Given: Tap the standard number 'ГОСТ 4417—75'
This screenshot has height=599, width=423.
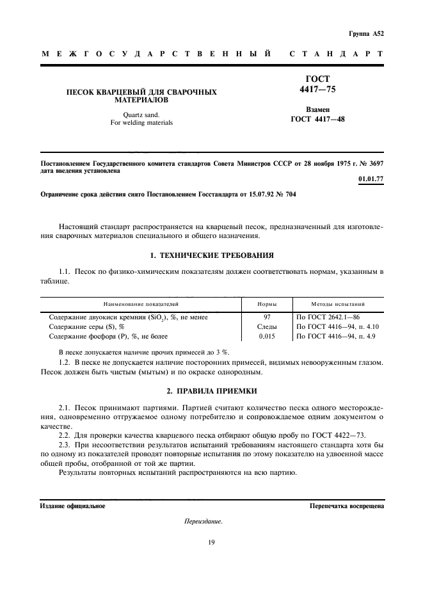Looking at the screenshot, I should pyautogui.click(x=317, y=84).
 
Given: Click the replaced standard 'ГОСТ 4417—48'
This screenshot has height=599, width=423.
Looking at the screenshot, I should pyautogui.click(x=317, y=118).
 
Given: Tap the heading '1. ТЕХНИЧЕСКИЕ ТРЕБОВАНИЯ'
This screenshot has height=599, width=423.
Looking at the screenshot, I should pyautogui.click(x=211, y=255).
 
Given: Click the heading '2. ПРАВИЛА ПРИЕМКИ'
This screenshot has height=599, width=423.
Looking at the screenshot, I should pyautogui.click(x=211, y=390).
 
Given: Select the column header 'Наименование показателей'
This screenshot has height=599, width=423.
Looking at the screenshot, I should pyautogui.click(x=141, y=305).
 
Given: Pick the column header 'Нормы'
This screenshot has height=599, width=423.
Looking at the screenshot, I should pyautogui.click(x=267, y=305).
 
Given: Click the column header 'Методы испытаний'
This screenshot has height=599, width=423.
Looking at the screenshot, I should pyautogui.click(x=338, y=305).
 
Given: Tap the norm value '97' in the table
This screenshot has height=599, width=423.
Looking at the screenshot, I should pyautogui.click(x=267, y=317).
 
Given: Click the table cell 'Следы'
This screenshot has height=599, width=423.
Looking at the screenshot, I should pyautogui.click(x=267, y=326).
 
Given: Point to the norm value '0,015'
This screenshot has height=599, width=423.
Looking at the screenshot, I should pyautogui.click(x=267, y=336).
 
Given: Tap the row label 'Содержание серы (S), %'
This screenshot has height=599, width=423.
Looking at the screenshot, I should pyautogui.click(x=86, y=326).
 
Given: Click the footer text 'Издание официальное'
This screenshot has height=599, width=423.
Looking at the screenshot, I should pyautogui.click(x=72, y=506).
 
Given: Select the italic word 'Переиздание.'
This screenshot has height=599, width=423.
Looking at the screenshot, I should pyautogui.click(x=203, y=522).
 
